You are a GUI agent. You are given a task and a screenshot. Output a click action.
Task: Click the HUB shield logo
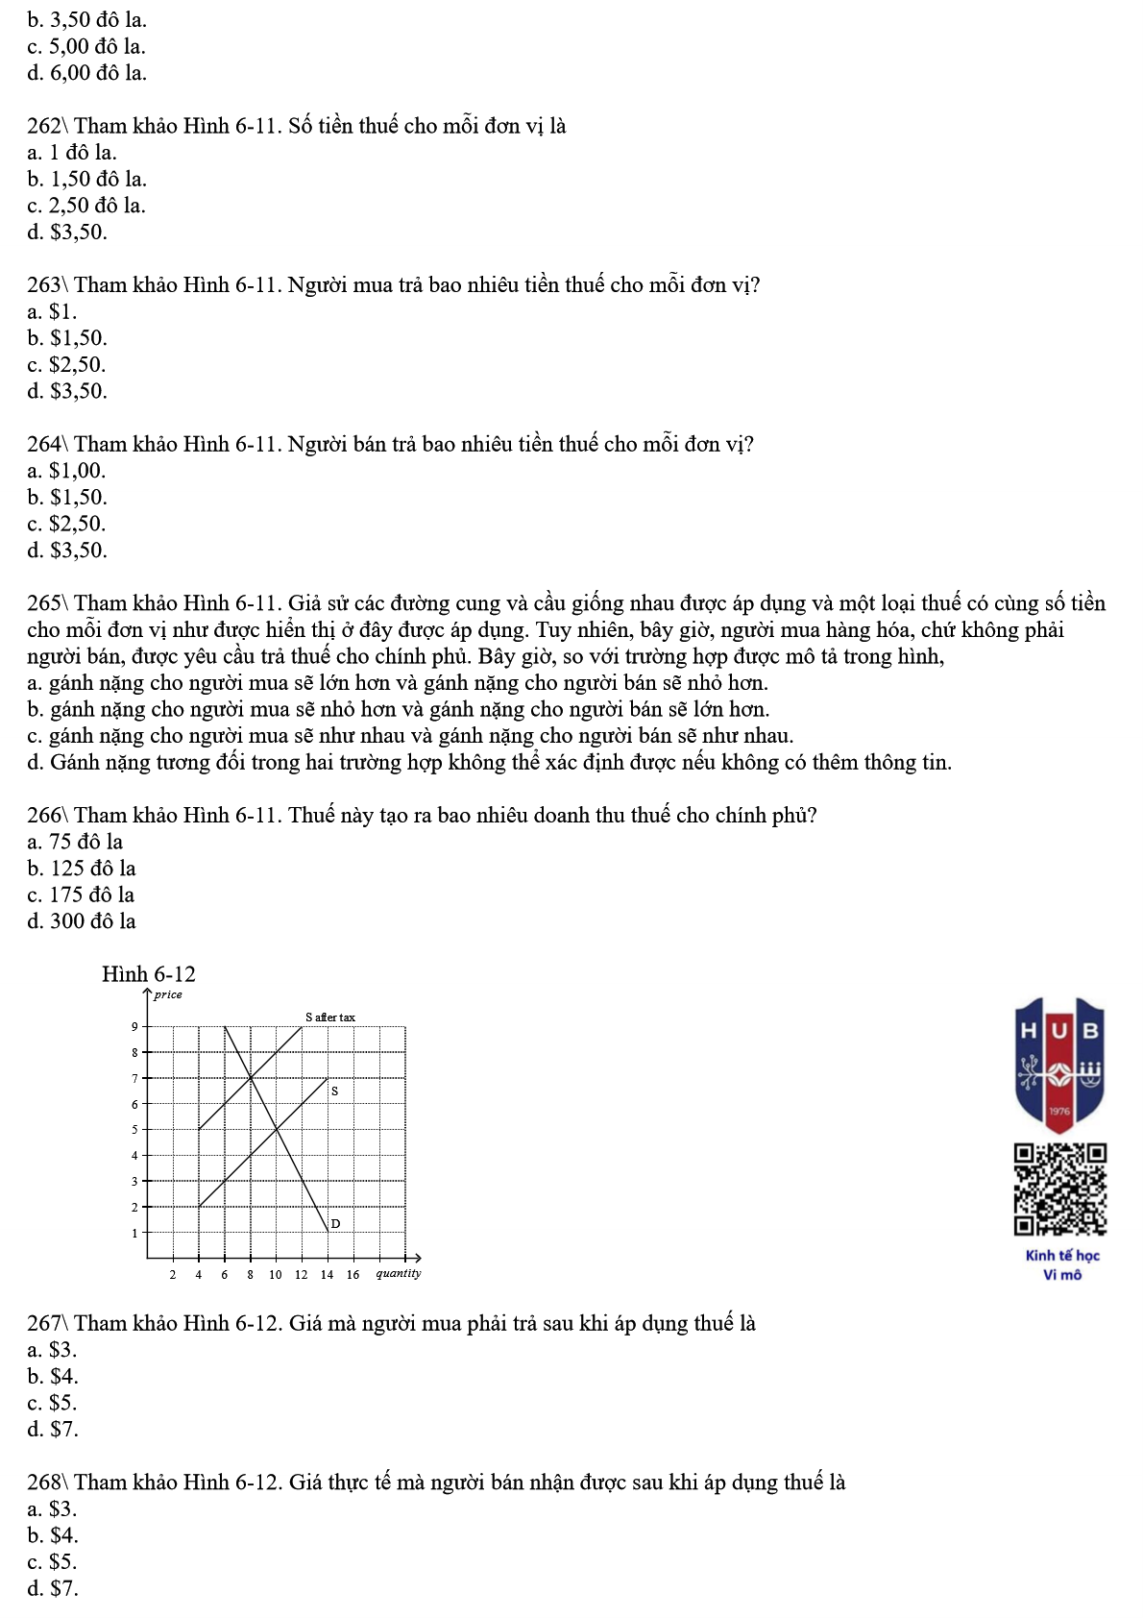[1059, 1065]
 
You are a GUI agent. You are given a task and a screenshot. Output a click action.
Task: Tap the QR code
[1060, 1189]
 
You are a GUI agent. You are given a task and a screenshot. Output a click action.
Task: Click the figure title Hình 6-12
[149, 974]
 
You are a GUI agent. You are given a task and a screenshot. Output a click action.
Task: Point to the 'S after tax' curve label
[330, 1017]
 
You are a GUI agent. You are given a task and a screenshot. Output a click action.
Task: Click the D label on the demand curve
[335, 1224]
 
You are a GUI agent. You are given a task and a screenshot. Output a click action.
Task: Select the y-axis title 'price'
[168, 994]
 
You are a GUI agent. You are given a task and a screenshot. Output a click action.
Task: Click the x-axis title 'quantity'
[399, 1274]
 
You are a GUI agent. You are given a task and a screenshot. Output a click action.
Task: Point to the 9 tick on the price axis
[134, 1027]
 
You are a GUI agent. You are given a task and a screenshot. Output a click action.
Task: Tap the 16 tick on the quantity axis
[353, 1275]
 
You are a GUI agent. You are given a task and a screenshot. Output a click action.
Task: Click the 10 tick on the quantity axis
[276, 1275]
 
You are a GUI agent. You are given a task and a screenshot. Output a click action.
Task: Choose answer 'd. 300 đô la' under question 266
[82, 921]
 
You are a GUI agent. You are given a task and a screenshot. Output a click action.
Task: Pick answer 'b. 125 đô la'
[82, 869]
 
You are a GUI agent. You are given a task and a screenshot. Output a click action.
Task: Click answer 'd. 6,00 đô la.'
[87, 73]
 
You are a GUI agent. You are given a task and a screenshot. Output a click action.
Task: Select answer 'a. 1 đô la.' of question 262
[72, 153]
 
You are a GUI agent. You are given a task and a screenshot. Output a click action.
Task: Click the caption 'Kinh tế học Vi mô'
[1062, 1265]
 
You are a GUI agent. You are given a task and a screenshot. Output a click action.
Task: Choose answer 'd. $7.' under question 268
[53, 1589]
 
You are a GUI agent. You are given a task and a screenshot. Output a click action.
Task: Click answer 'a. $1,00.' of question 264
[67, 471]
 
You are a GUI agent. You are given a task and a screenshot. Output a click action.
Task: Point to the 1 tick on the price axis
[134, 1233]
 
